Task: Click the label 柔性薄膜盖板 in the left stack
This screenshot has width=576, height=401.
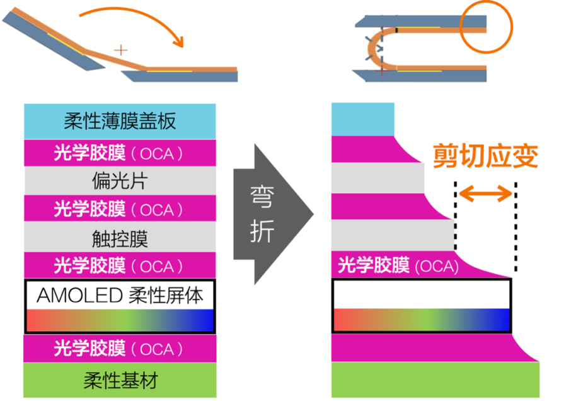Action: [120, 121]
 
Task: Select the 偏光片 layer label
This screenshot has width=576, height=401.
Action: [120, 181]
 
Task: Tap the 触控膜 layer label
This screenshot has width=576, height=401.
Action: [120, 238]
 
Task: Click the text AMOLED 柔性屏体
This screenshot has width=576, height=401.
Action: [120, 294]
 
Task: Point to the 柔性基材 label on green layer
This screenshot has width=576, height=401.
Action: [120, 380]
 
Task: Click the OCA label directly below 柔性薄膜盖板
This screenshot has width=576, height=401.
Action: [120, 153]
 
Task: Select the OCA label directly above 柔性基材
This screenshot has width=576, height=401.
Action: [120, 349]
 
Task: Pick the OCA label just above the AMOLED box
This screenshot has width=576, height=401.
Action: [120, 266]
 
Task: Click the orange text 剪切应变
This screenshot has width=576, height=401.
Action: [485, 157]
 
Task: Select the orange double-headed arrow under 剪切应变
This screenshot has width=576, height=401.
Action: [485, 194]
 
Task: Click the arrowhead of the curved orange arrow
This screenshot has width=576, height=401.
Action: [179, 42]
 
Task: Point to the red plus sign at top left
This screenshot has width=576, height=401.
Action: [120, 49]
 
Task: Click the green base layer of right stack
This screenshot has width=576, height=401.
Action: [435, 380]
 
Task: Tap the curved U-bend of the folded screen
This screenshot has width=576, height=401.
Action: [371, 48]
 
